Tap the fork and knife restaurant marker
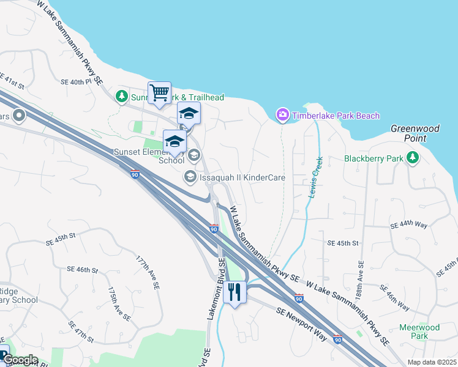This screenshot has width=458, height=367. coord(235,292)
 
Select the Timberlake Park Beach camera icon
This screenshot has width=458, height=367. coord(282,114)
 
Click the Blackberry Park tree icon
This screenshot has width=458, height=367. coord(413,158)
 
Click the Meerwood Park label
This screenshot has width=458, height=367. coord(419,332)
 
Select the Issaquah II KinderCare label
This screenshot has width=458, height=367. coord(242,177)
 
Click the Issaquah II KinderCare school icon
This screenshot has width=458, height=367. coord(190,177)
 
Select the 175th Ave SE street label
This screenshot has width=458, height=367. coord(119,303)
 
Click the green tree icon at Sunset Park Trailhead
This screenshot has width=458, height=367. coord(122,97)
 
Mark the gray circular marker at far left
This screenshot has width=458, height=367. coord(19,114)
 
